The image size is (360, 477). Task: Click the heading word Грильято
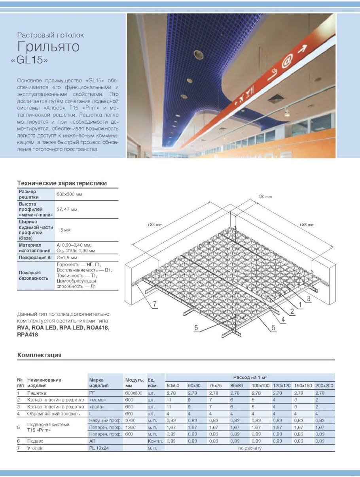pyautogui.click(x=49, y=47)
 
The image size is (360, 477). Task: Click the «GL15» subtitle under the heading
pyautogui.click(x=35, y=61)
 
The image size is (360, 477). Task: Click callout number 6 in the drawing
pyautogui.click(x=196, y=327)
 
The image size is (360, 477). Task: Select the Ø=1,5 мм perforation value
pyautogui.click(x=68, y=258)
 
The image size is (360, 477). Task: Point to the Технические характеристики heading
pyautogui.click(x=62, y=183)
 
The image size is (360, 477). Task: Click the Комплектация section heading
pyautogui.click(x=39, y=355)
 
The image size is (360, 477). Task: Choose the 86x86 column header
pyautogui.click(x=237, y=385)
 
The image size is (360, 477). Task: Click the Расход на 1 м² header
pyautogui.click(x=250, y=377)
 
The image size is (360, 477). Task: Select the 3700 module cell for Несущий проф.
pyautogui.click(x=131, y=420)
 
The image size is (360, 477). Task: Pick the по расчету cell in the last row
pyautogui.click(x=250, y=448)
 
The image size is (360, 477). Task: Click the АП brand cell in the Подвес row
pyautogui.click(x=93, y=440)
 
